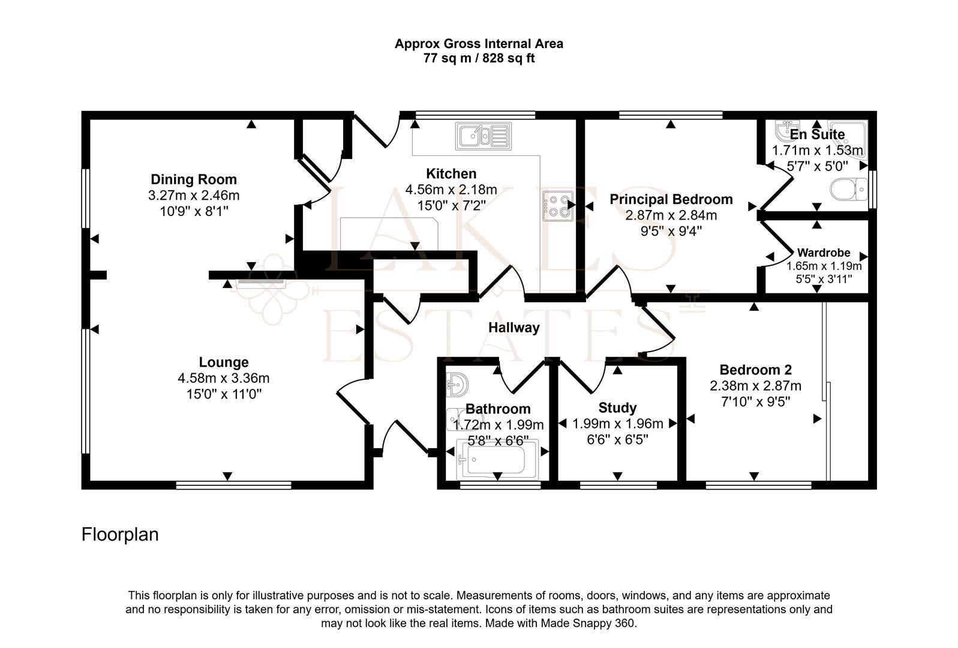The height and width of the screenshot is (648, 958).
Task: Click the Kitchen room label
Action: (x=451, y=174)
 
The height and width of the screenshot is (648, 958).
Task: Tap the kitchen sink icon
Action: (x=483, y=136)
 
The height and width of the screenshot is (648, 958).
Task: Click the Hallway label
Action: (x=513, y=328)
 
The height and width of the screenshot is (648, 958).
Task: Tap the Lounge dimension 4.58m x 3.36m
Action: (x=223, y=378)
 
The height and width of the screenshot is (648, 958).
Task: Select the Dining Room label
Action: (x=193, y=179)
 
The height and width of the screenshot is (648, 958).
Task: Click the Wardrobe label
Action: (x=823, y=253)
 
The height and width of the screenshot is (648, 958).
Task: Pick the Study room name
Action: (x=617, y=408)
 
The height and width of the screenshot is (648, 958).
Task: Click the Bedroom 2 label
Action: (x=755, y=370)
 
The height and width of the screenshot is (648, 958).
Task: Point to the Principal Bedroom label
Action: (x=671, y=199)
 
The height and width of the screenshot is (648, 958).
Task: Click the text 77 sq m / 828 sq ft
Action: (x=479, y=59)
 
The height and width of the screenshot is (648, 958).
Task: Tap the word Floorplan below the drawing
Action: (x=120, y=534)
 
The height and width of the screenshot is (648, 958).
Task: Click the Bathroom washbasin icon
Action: (x=458, y=383)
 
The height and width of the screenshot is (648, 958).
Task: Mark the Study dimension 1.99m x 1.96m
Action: (x=617, y=424)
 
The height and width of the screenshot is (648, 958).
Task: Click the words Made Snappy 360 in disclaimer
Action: (x=587, y=623)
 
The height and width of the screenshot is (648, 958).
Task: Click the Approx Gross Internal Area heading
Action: (x=479, y=44)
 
